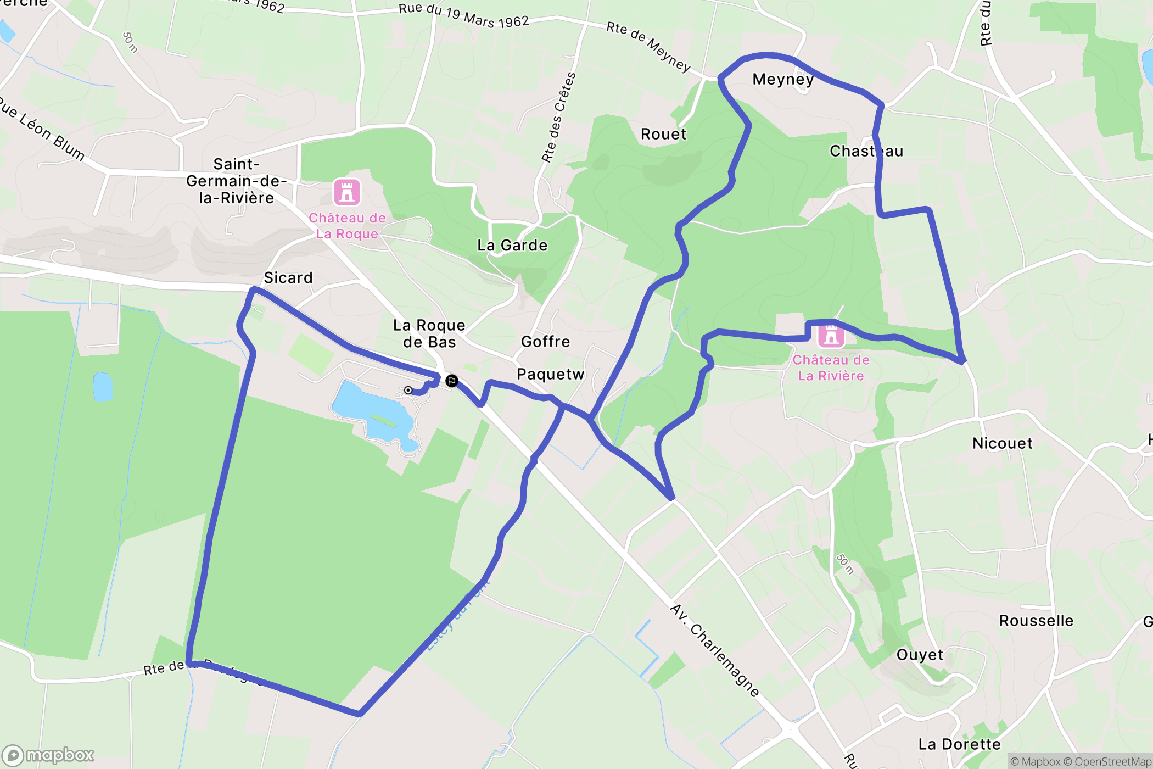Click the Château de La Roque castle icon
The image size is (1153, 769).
pos(347,192)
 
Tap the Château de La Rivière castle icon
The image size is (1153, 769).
pos(831,335)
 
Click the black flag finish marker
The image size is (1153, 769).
pos(451,381)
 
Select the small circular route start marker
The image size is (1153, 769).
pos(408,390)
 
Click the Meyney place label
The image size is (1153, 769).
pos(783,80)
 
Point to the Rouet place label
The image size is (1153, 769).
pos(663,134)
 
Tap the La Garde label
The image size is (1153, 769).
pos(512,245)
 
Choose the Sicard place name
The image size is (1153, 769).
pos(288,278)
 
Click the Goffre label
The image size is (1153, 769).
pos(545,342)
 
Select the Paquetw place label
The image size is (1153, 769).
pos(550,374)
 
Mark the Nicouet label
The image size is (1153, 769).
pos(1002,443)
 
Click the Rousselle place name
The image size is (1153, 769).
pos(1036,621)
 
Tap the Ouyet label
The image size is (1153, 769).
pos(920,655)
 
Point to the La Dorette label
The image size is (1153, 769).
pos(959,744)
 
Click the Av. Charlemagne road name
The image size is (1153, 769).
pos(715,650)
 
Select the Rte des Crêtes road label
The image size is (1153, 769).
pos(559,117)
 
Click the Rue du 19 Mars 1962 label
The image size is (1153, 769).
pos(463,15)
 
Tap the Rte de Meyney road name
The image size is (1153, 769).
pos(648,47)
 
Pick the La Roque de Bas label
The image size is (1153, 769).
pos(429,333)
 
